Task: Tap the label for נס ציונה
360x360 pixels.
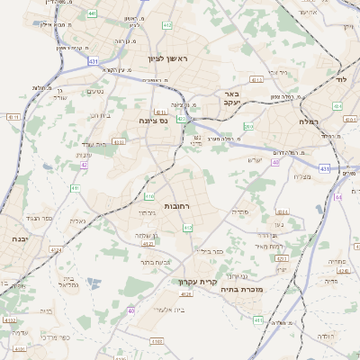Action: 155,120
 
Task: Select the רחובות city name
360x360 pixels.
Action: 176,206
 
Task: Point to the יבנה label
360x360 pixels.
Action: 18,239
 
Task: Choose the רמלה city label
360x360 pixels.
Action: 311,120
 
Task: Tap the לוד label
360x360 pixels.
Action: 341,80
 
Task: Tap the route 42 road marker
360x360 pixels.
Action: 84,165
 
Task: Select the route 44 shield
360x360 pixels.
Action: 338,196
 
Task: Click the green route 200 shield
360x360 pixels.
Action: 248,127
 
